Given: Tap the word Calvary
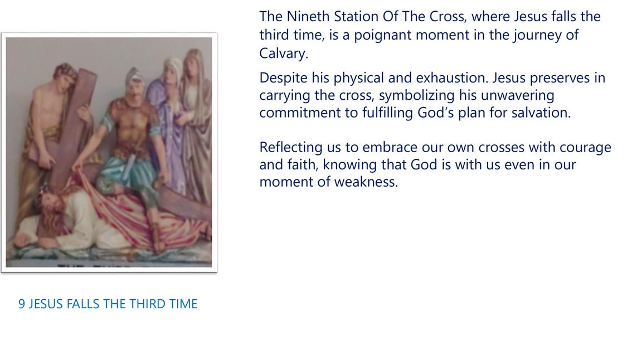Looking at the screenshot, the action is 283,53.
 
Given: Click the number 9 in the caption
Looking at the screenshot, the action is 22,304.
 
